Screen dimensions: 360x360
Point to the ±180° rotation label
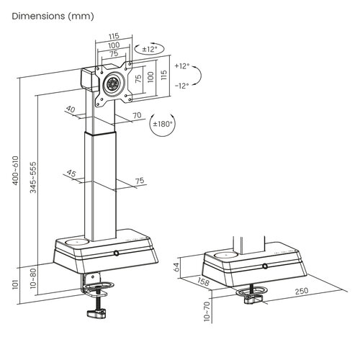point(164,124)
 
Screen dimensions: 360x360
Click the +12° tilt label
point(182,66)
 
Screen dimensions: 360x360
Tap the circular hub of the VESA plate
point(112,83)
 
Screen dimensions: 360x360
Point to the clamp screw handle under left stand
point(96,313)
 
